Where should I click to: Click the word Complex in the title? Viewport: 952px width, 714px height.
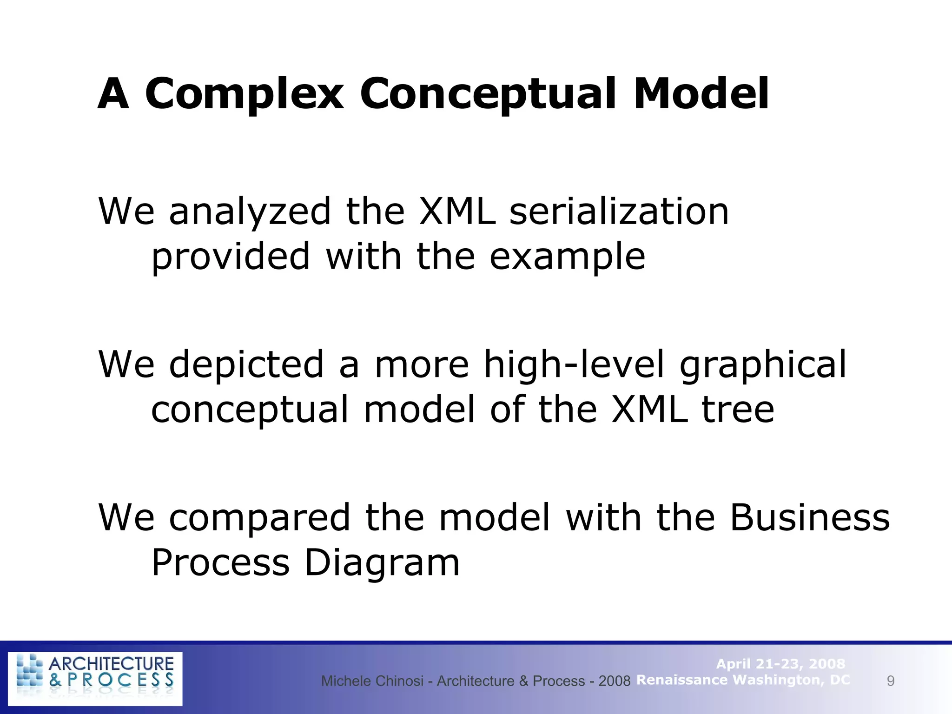(245, 94)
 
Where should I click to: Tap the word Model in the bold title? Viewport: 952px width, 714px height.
(701, 94)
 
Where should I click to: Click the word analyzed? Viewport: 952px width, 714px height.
(250, 212)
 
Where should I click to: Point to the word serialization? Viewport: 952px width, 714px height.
(619, 212)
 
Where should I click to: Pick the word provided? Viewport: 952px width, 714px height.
(231, 257)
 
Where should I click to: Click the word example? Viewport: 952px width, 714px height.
(568, 257)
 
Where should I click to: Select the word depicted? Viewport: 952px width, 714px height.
(246, 364)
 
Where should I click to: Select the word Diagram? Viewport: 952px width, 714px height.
(382, 563)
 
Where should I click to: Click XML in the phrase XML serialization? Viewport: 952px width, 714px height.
(457, 212)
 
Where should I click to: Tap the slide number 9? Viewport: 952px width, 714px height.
(891, 681)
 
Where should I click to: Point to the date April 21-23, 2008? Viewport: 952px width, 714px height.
(780, 664)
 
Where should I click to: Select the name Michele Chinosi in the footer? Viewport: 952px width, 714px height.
(372, 681)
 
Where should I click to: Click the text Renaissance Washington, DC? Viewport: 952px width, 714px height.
(743, 680)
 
